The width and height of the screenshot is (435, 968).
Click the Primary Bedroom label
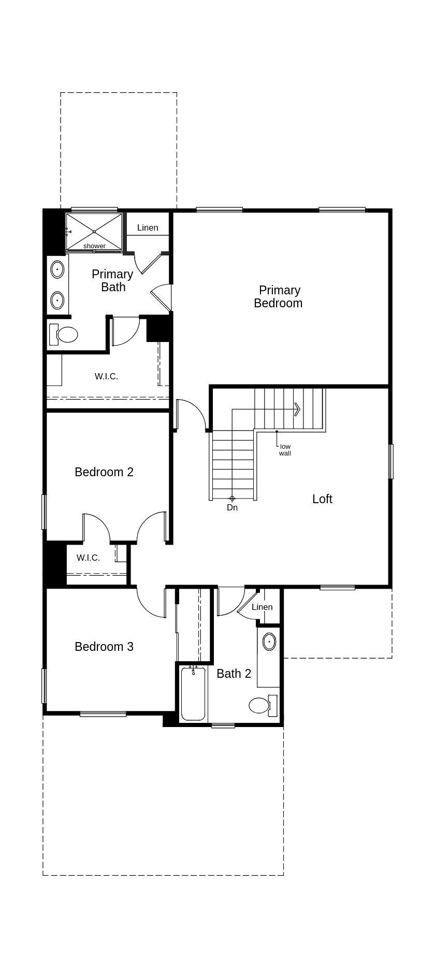tap(278, 296)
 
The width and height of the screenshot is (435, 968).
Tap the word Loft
tap(322, 499)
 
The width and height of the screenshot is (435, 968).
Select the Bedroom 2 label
tap(104, 472)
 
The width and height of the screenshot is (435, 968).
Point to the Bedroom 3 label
tap(104, 646)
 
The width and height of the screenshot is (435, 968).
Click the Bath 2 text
tap(234, 673)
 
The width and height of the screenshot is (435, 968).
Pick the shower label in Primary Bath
tap(94, 246)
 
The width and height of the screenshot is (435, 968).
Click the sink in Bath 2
tap(269, 642)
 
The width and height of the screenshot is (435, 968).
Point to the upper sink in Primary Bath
tap(57, 269)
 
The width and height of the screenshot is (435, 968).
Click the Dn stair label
tap(232, 507)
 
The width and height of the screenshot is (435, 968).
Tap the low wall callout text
tap(285, 450)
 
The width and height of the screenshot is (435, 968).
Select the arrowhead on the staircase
tap(297, 409)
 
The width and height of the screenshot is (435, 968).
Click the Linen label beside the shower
tap(148, 227)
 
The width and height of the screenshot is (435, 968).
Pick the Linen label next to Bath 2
tap(262, 607)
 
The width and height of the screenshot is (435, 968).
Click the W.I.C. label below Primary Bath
tap(106, 376)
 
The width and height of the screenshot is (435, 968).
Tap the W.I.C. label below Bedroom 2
tap(88, 558)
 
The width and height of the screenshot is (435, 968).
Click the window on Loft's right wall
tap(391, 461)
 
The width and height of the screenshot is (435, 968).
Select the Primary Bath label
tap(112, 280)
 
